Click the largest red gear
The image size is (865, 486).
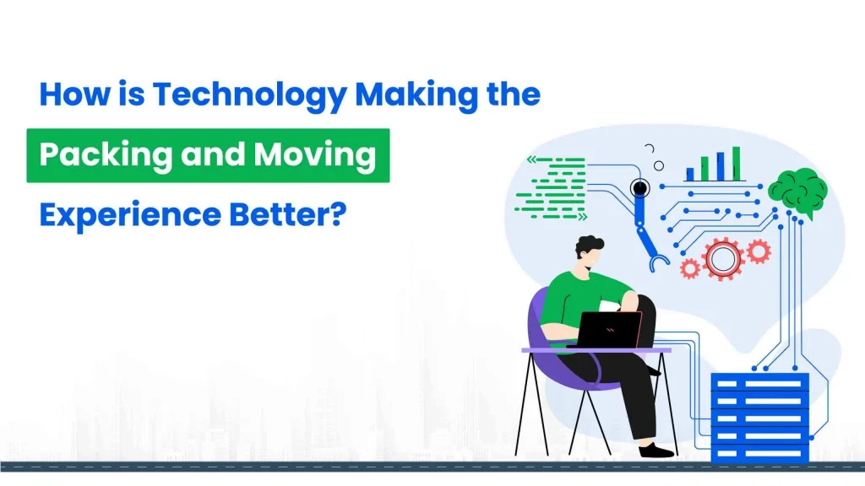(x=722, y=257)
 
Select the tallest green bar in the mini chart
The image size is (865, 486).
(x=736, y=163)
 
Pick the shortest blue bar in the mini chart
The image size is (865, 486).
(x=690, y=174)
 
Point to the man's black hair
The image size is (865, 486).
(x=590, y=248)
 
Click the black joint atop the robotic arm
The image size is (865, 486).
(x=639, y=189)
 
